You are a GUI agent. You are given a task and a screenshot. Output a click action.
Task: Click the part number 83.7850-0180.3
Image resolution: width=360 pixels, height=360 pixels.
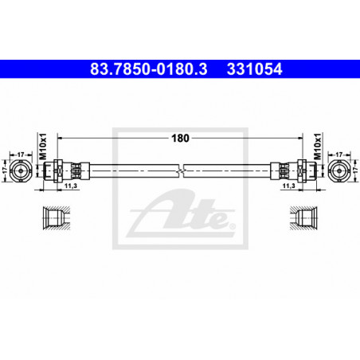click(148, 69)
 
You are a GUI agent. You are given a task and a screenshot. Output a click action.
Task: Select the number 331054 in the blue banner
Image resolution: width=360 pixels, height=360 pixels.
click(254, 69)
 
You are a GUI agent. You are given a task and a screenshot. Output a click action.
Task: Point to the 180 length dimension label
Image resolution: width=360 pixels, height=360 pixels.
click(180, 138)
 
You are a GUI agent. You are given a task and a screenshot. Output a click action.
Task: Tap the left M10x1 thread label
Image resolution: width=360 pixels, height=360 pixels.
click(43, 147)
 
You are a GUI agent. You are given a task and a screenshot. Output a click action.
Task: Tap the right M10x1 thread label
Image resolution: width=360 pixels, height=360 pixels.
click(317, 147)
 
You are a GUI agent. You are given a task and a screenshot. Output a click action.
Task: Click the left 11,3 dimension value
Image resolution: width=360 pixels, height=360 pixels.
click(71, 186)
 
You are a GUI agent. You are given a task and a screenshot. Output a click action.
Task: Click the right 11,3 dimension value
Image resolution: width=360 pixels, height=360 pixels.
click(289, 186)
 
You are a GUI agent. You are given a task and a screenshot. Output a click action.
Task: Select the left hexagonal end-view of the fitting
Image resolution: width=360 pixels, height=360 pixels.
click(21, 170)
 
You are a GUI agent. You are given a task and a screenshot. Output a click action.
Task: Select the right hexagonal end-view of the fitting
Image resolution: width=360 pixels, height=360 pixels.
click(339, 170)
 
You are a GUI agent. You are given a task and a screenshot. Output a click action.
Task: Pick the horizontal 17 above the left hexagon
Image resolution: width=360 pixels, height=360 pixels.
click(21, 155)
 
